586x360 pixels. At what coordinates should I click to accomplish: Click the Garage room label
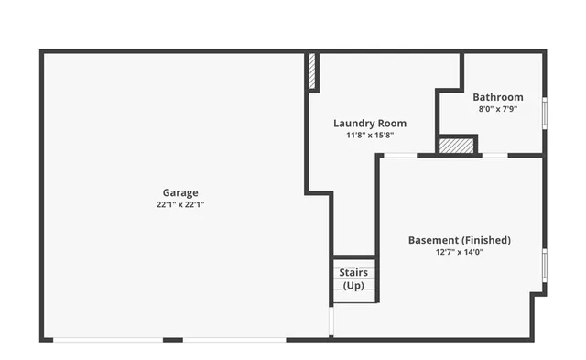point(180,192)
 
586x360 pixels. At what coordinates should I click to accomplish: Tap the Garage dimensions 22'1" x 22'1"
point(180,205)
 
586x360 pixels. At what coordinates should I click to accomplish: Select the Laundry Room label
point(370,123)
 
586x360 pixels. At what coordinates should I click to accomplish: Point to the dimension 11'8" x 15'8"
point(370,136)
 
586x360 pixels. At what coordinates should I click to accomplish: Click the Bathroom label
point(498,97)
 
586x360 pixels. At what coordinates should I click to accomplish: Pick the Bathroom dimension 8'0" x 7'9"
point(498,109)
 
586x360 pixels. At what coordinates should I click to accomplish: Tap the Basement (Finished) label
point(460,240)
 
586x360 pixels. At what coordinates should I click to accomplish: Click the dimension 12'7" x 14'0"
point(460,253)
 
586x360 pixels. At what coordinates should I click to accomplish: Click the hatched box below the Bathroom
point(457,146)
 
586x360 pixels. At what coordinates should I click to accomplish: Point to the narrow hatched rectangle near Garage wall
point(311,71)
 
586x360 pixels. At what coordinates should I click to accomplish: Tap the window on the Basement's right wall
point(545,264)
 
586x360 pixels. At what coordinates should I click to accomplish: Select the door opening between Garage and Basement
point(331,321)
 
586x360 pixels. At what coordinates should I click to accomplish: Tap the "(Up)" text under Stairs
point(353,286)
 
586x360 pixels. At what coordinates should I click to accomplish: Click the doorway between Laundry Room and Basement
point(399,155)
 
